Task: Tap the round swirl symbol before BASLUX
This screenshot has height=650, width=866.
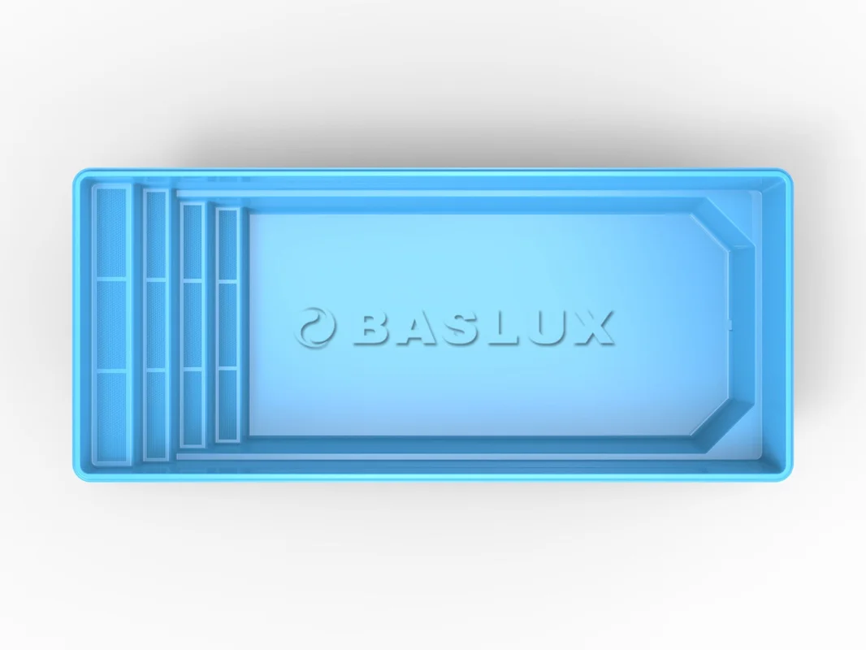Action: [315, 327]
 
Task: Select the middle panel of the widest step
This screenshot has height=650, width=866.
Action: [111, 325]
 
